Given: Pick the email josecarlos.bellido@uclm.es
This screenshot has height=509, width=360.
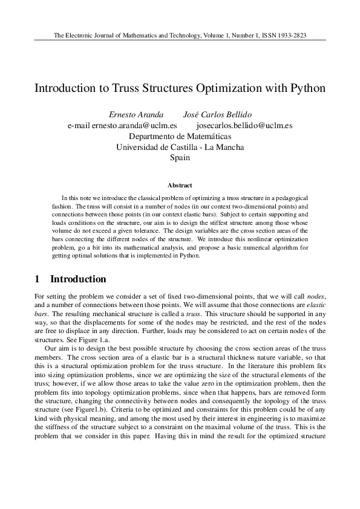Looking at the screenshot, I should [x=244, y=126].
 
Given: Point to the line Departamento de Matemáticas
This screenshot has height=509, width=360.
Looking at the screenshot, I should [x=180, y=137].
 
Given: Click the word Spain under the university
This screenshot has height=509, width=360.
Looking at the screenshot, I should [x=180, y=158].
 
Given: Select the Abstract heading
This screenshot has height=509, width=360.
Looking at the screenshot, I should [x=180, y=186].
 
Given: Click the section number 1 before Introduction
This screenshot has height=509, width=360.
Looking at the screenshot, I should [x=38, y=279].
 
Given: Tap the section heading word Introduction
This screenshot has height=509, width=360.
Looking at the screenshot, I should [x=78, y=279].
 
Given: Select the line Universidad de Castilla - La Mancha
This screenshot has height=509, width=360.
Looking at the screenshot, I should [x=180, y=147].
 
